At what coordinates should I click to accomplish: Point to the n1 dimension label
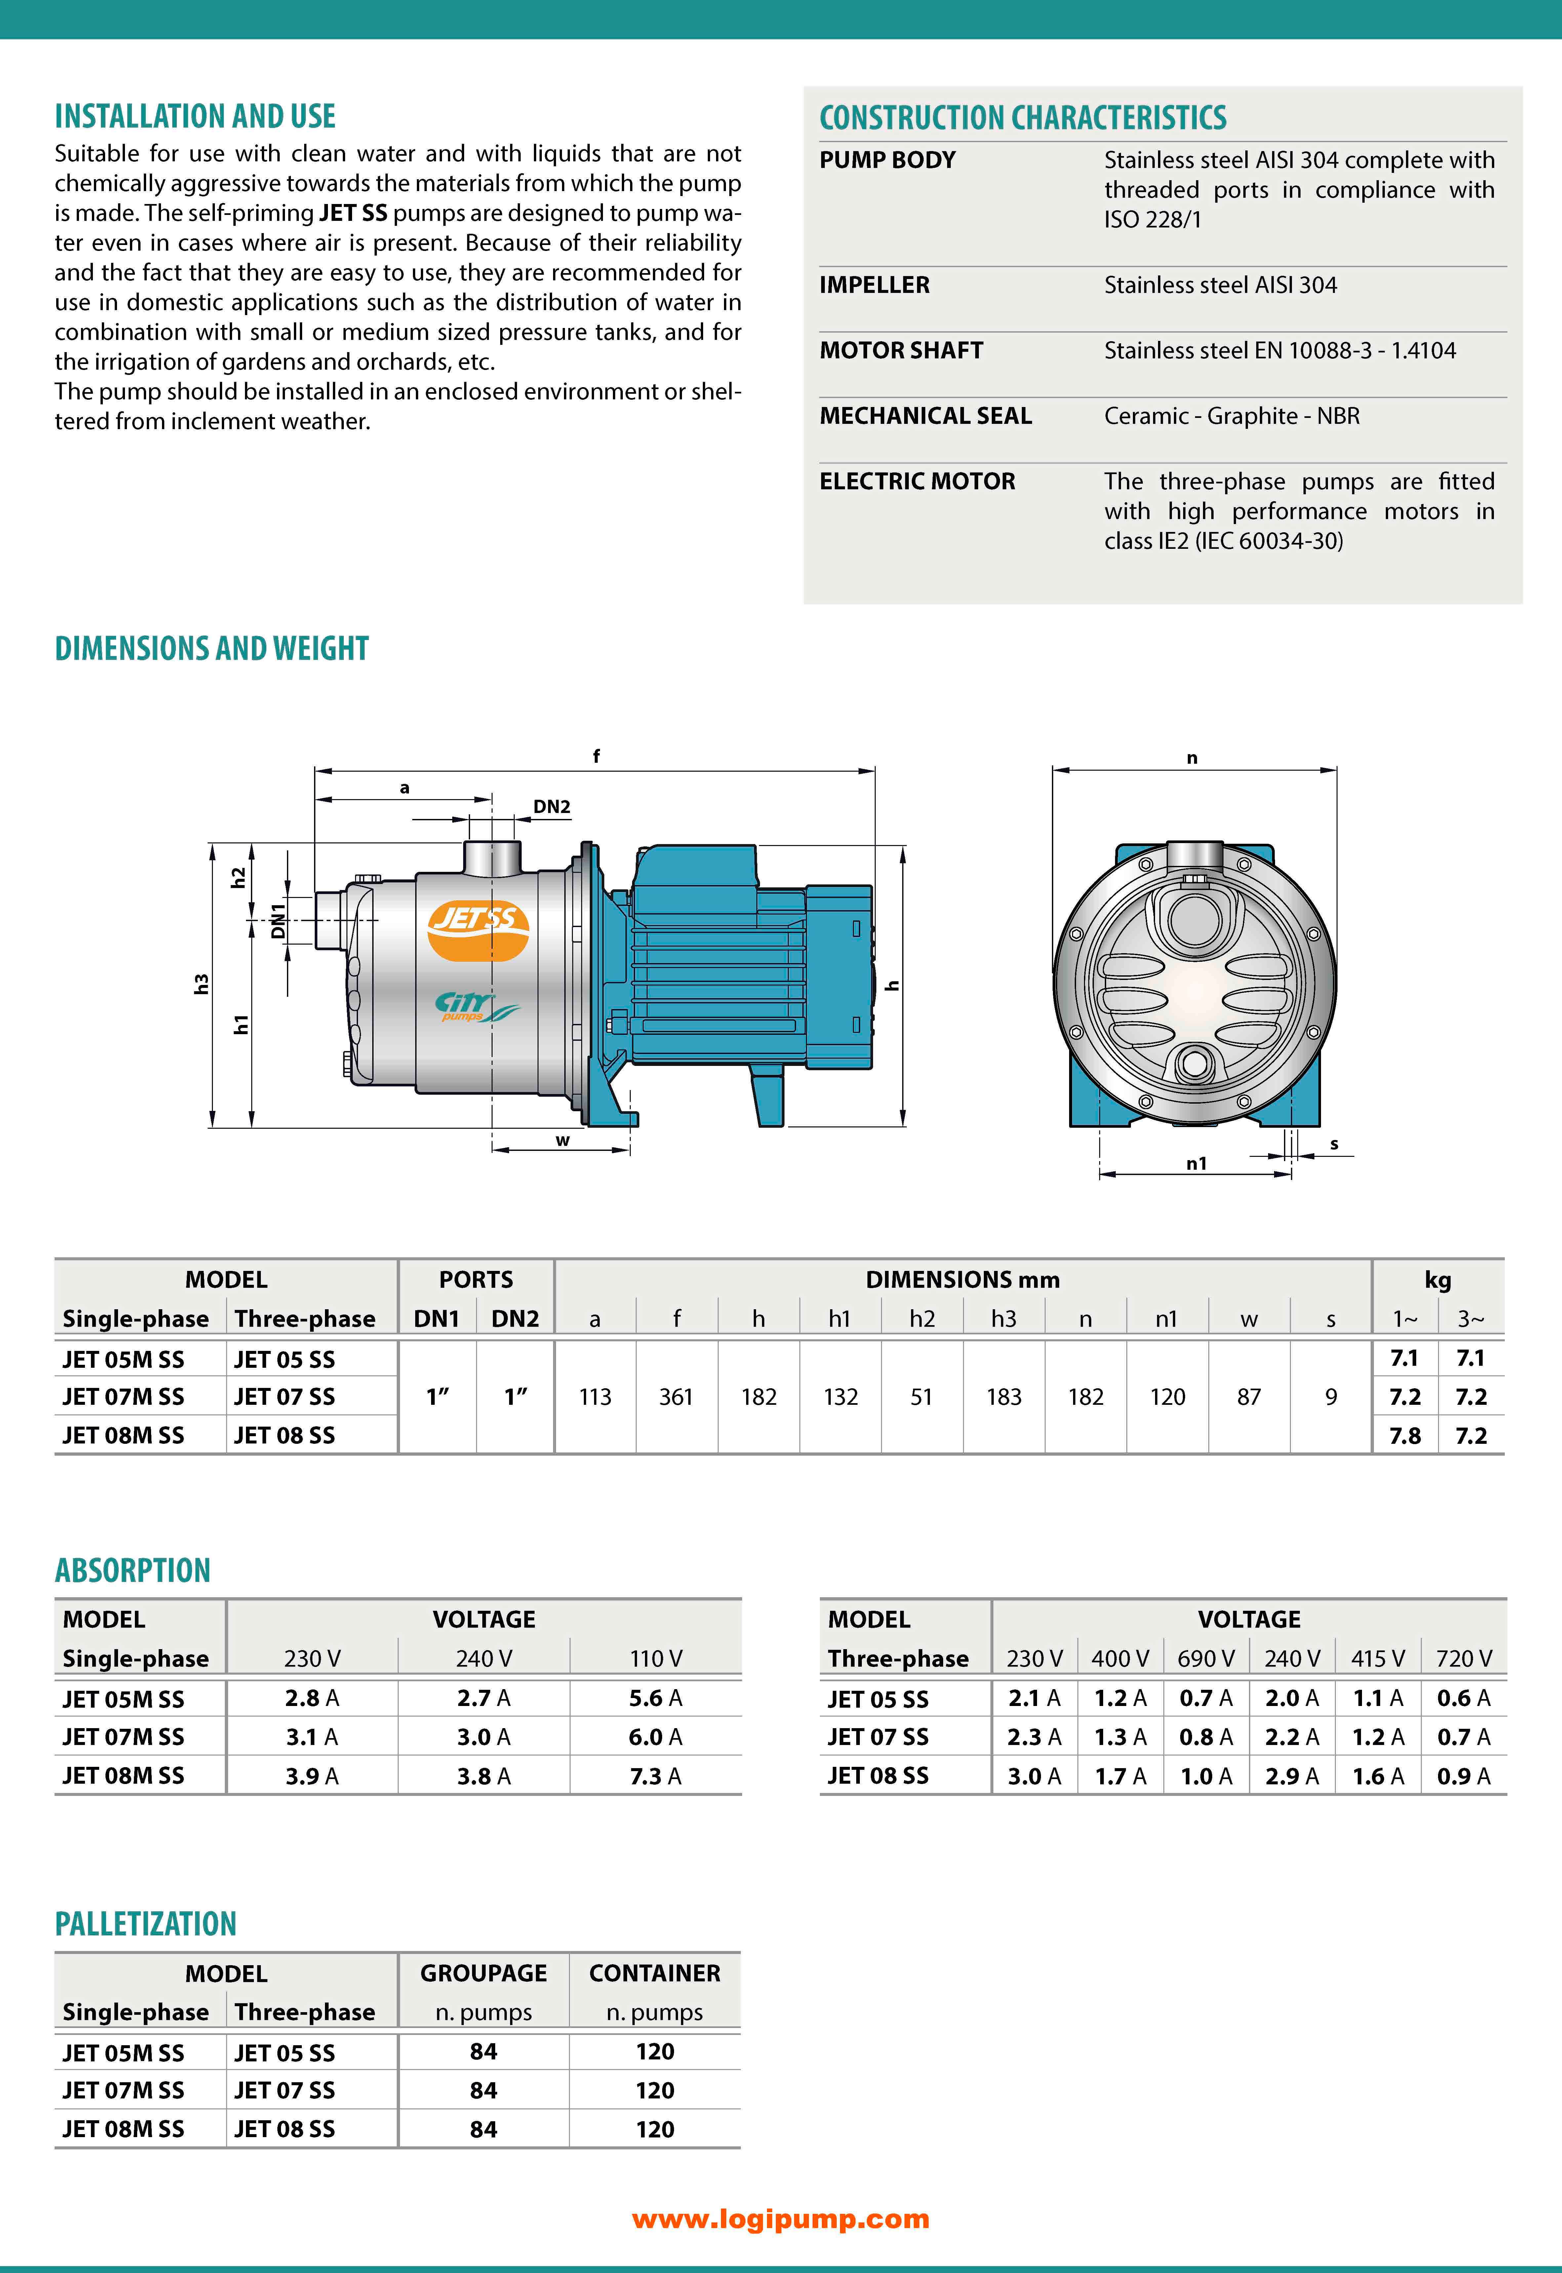[1196, 1164]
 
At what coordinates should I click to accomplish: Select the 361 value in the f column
[675, 1397]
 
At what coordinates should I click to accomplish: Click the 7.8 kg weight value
[1404, 1436]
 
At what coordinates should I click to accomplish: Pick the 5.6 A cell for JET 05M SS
[655, 1698]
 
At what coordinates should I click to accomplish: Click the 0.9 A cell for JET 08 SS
[1463, 1776]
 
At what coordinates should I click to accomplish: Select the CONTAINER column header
[655, 1973]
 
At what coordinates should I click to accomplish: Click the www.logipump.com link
[780, 2219]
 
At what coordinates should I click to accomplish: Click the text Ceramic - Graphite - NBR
[1231, 416]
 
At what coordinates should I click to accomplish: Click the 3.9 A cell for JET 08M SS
[311, 1776]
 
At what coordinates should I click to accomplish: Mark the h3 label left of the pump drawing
[201, 984]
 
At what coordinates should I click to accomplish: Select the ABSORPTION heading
[132, 1570]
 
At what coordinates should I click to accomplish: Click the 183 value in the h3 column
[1003, 1397]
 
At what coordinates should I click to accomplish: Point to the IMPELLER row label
[874, 285]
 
